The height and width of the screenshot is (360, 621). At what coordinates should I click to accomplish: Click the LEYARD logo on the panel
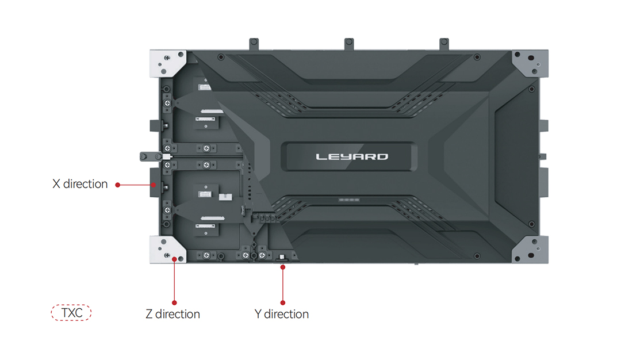click(352, 157)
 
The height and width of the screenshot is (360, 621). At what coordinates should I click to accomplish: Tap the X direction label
click(80, 184)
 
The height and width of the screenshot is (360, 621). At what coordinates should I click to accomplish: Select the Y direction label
click(282, 314)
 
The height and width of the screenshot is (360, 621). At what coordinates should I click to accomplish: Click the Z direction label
click(172, 314)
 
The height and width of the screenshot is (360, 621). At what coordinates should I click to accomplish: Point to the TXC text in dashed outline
click(72, 313)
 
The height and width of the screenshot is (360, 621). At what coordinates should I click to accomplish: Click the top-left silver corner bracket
click(167, 63)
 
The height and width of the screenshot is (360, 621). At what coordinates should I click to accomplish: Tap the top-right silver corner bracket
click(530, 63)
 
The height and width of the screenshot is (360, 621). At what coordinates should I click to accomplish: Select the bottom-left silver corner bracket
click(167, 250)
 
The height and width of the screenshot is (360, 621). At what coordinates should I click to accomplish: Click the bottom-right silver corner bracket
click(530, 250)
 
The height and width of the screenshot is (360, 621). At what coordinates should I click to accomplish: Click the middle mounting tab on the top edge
click(349, 44)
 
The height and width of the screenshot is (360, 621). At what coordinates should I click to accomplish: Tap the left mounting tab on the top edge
click(254, 44)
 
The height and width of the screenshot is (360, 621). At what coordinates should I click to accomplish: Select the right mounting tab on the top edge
click(444, 44)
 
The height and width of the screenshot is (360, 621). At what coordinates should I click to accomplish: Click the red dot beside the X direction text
click(118, 185)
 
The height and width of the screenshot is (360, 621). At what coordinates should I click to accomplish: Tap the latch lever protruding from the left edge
click(151, 157)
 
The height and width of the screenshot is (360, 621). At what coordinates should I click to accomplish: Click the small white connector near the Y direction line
click(282, 258)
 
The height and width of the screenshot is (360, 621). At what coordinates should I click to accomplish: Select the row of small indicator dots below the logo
click(349, 200)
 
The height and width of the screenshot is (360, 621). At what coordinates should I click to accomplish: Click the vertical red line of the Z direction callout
click(174, 281)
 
